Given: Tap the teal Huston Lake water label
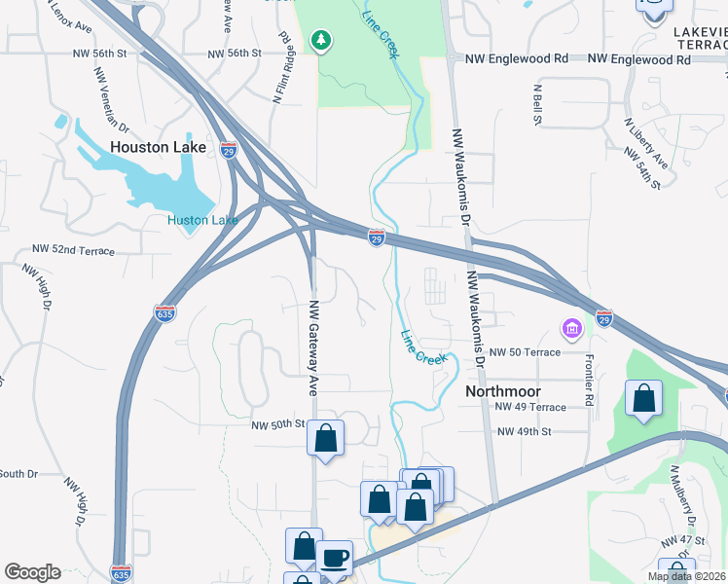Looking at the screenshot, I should (202, 220).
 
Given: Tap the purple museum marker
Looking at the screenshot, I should (571, 329).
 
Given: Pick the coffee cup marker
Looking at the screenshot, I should (335, 558).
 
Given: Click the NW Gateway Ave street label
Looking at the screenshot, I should (314, 347).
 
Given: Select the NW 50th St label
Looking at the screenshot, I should (278, 425).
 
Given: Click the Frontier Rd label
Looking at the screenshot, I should (589, 379).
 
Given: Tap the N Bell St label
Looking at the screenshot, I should (536, 105).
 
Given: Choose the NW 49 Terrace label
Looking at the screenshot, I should (530, 407).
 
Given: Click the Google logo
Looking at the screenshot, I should (32, 572).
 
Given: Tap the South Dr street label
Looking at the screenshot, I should (18, 474).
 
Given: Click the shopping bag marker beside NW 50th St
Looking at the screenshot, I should (326, 438).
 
